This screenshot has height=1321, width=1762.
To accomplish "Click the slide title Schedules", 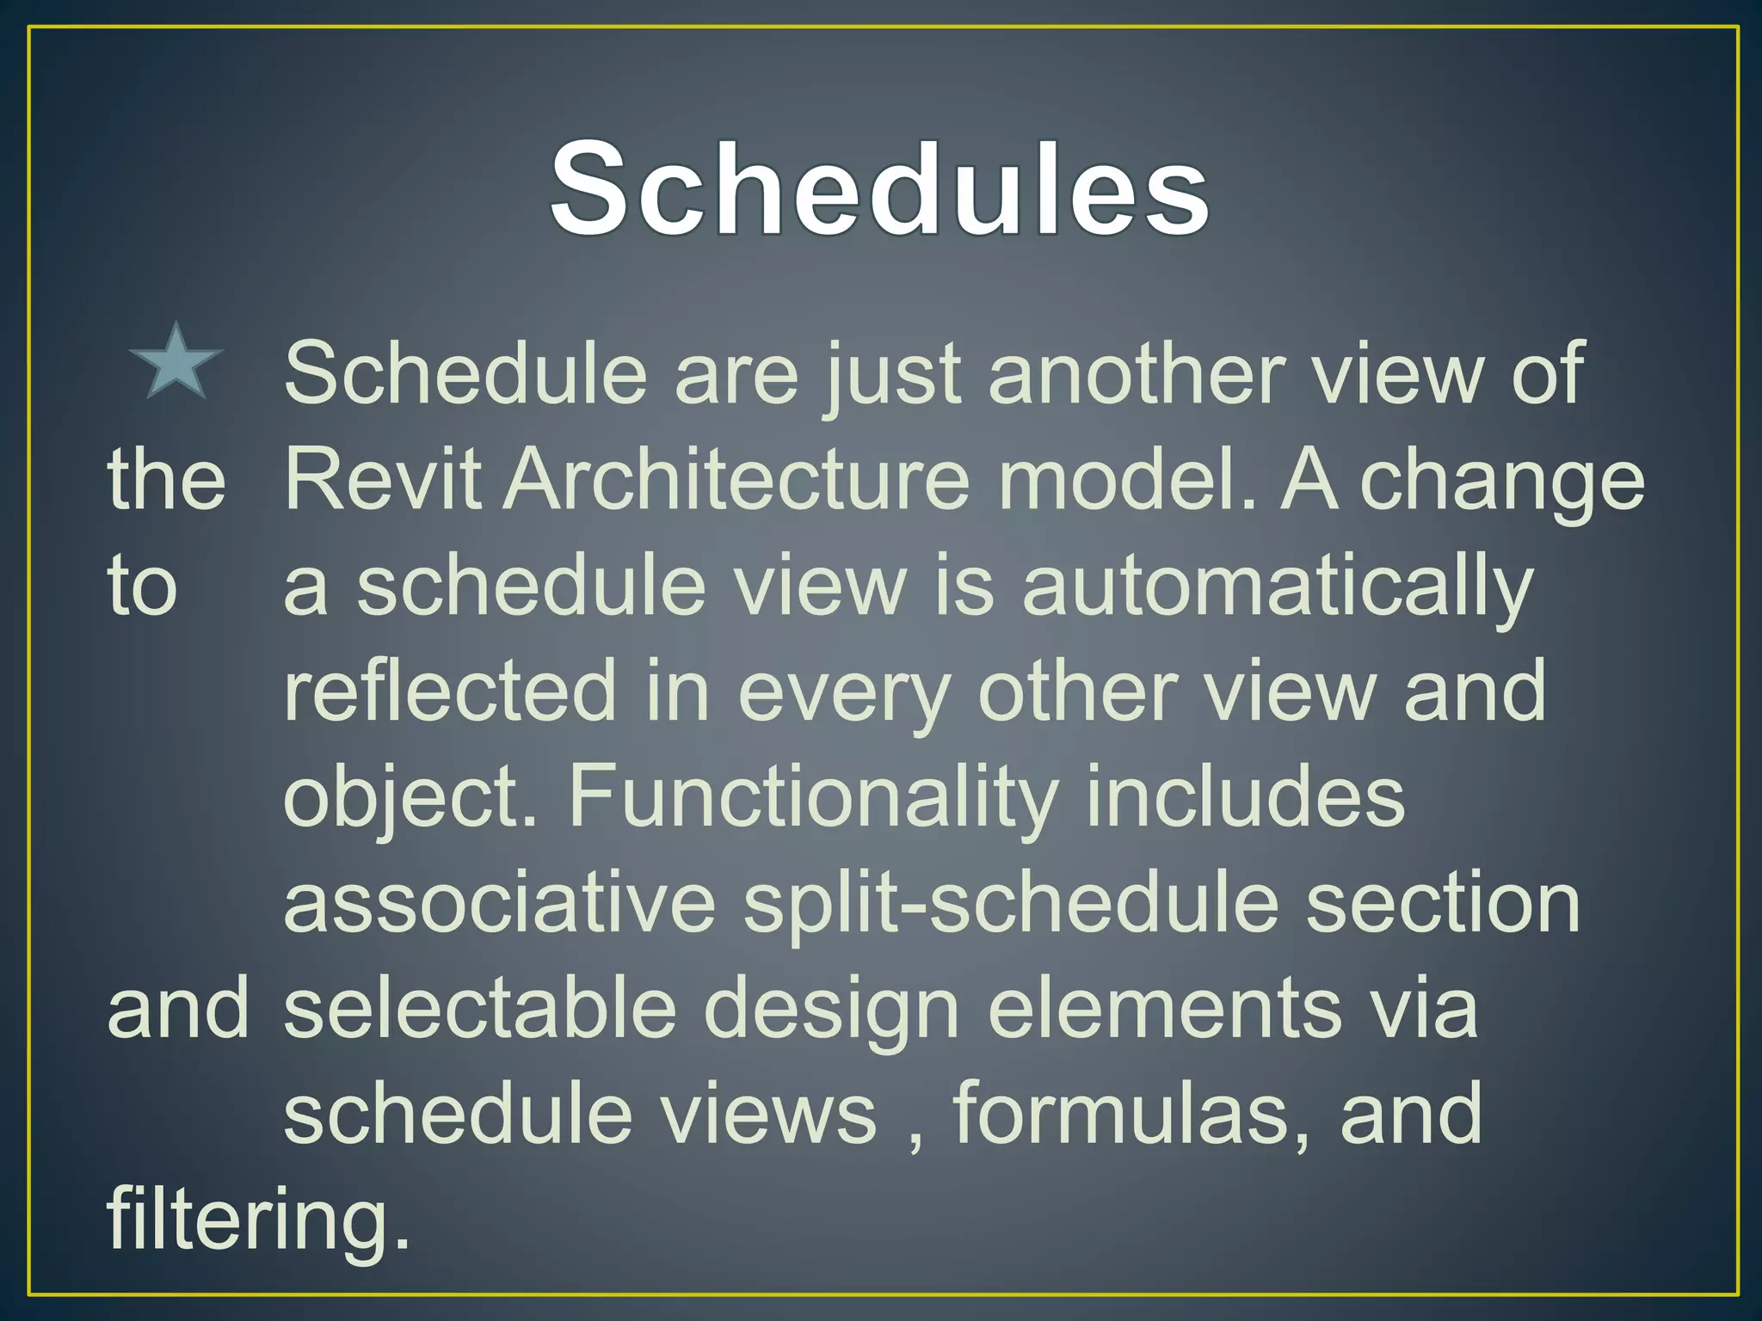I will point(879,187).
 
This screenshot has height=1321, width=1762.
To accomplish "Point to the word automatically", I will point(1277,587).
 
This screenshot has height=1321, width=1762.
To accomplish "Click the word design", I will point(831,1011).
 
